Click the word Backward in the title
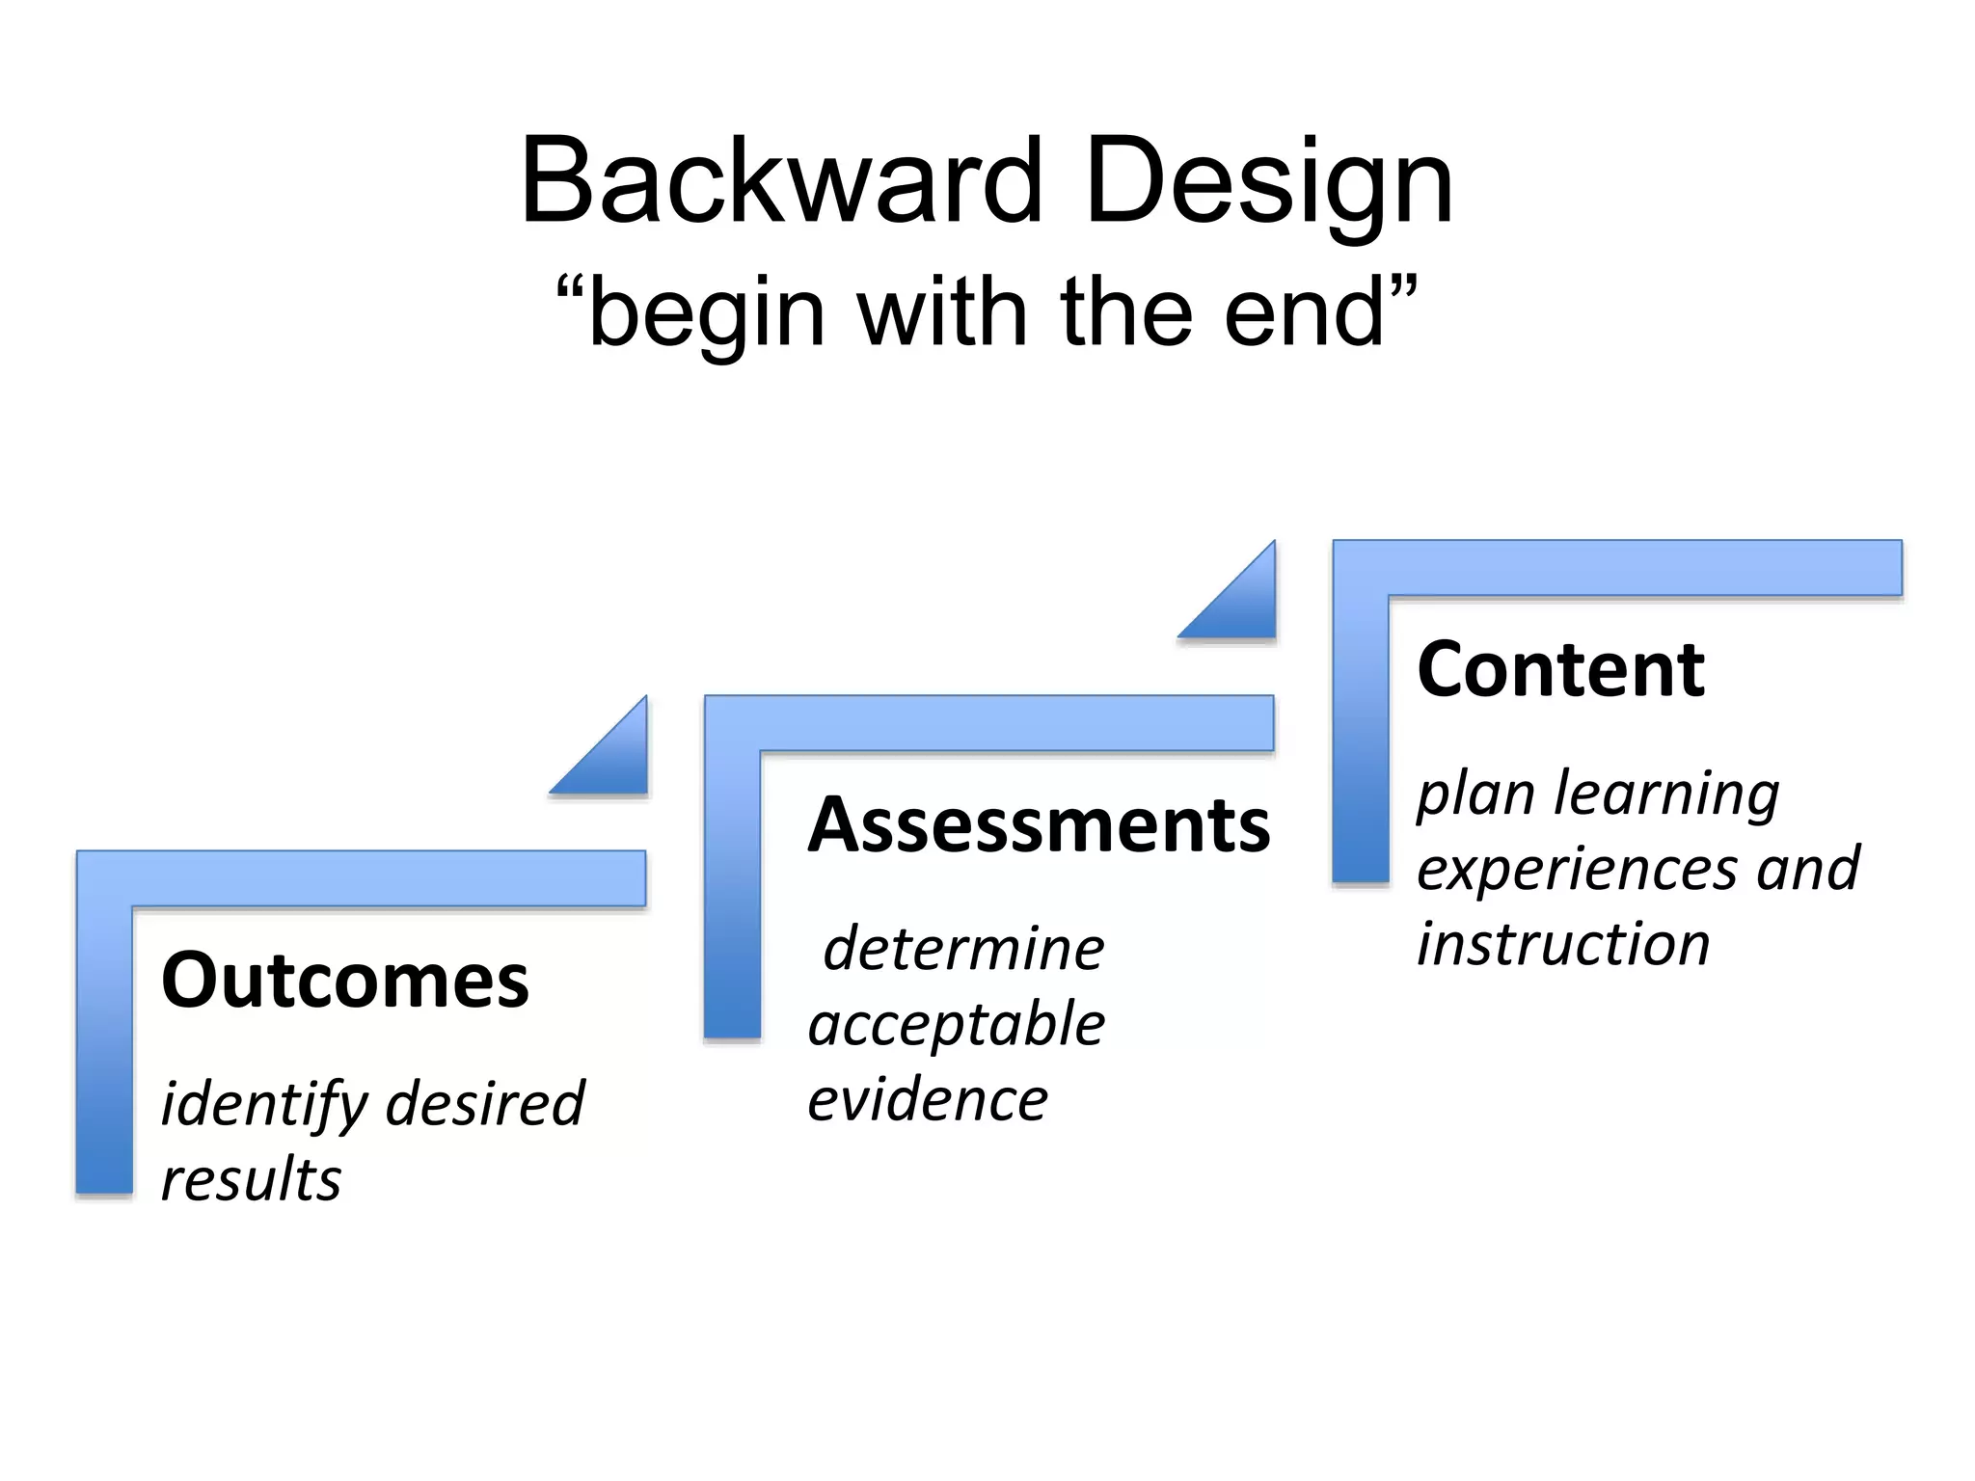pyautogui.click(x=781, y=181)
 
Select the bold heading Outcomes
pyautogui.click(x=345, y=981)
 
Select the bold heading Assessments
pyautogui.click(x=1040, y=825)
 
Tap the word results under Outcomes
pyautogui.click(x=251, y=1180)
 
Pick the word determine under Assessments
pyautogui.click(x=962, y=949)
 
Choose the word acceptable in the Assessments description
pyautogui.click(x=957, y=1024)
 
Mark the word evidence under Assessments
pyautogui.click(x=928, y=1099)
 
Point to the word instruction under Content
pyautogui.click(x=1563, y=944)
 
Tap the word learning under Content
pyautogui.click(x=1667, y=794)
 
